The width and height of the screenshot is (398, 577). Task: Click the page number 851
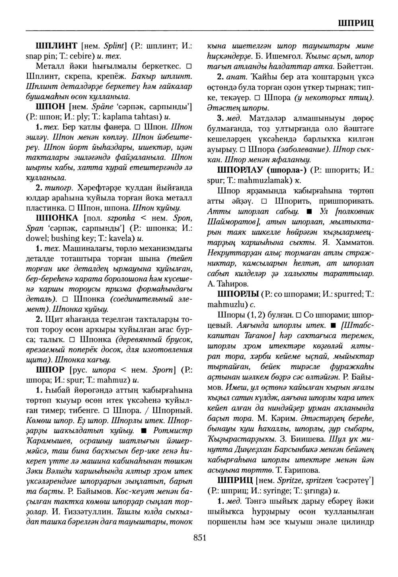tap(199, 538)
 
